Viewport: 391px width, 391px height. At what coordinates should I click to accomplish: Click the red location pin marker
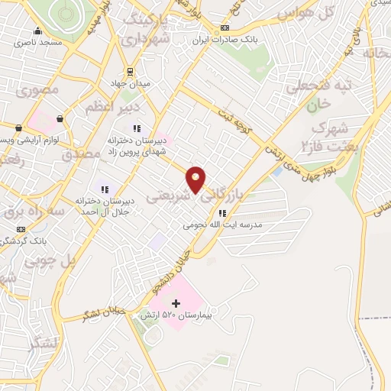pyautogui.click(x=196, y=179)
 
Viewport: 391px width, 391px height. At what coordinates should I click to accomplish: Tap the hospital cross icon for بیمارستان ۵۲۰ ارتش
pyautogui.click(x=176, y=303)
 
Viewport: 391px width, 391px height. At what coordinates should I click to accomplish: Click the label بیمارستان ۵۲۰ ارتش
pyautogui.click(x=174, y=315)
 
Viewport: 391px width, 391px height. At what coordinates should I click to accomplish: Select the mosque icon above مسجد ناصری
pyautogui.click(x=37, y=31)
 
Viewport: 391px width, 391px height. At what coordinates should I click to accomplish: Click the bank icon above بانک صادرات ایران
pyautogui.click(x=224, y=28)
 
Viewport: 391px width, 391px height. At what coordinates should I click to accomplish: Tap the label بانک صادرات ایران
pyautogui.click(x=224, y=39)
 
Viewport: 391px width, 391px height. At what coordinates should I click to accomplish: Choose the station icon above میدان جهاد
pyautogui.click(x=131, y=71)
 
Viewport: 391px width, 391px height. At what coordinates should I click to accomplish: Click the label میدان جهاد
pyautogui.click(x=131, y=82)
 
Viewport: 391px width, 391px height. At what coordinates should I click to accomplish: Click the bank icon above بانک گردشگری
pyautogui.click(x=21, y=229)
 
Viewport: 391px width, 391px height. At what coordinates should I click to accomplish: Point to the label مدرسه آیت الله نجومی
pyautogui.click(x=222, y=225)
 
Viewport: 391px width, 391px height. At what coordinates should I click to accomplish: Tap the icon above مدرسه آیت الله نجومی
pyautogui.click(x=222, y=214)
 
